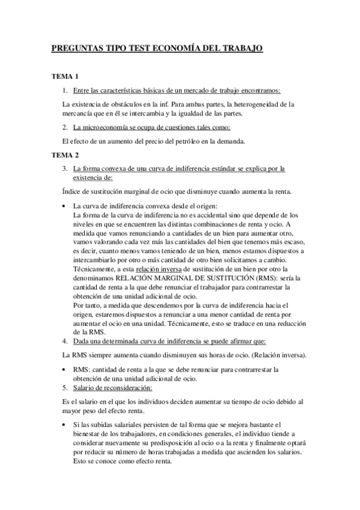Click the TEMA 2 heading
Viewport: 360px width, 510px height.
65,155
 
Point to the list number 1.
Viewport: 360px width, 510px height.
65,90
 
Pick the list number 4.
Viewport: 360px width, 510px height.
65,340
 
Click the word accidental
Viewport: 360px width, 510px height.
203,215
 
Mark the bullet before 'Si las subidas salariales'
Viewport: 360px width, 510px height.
65,425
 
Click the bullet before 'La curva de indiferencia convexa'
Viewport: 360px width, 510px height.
65,206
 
